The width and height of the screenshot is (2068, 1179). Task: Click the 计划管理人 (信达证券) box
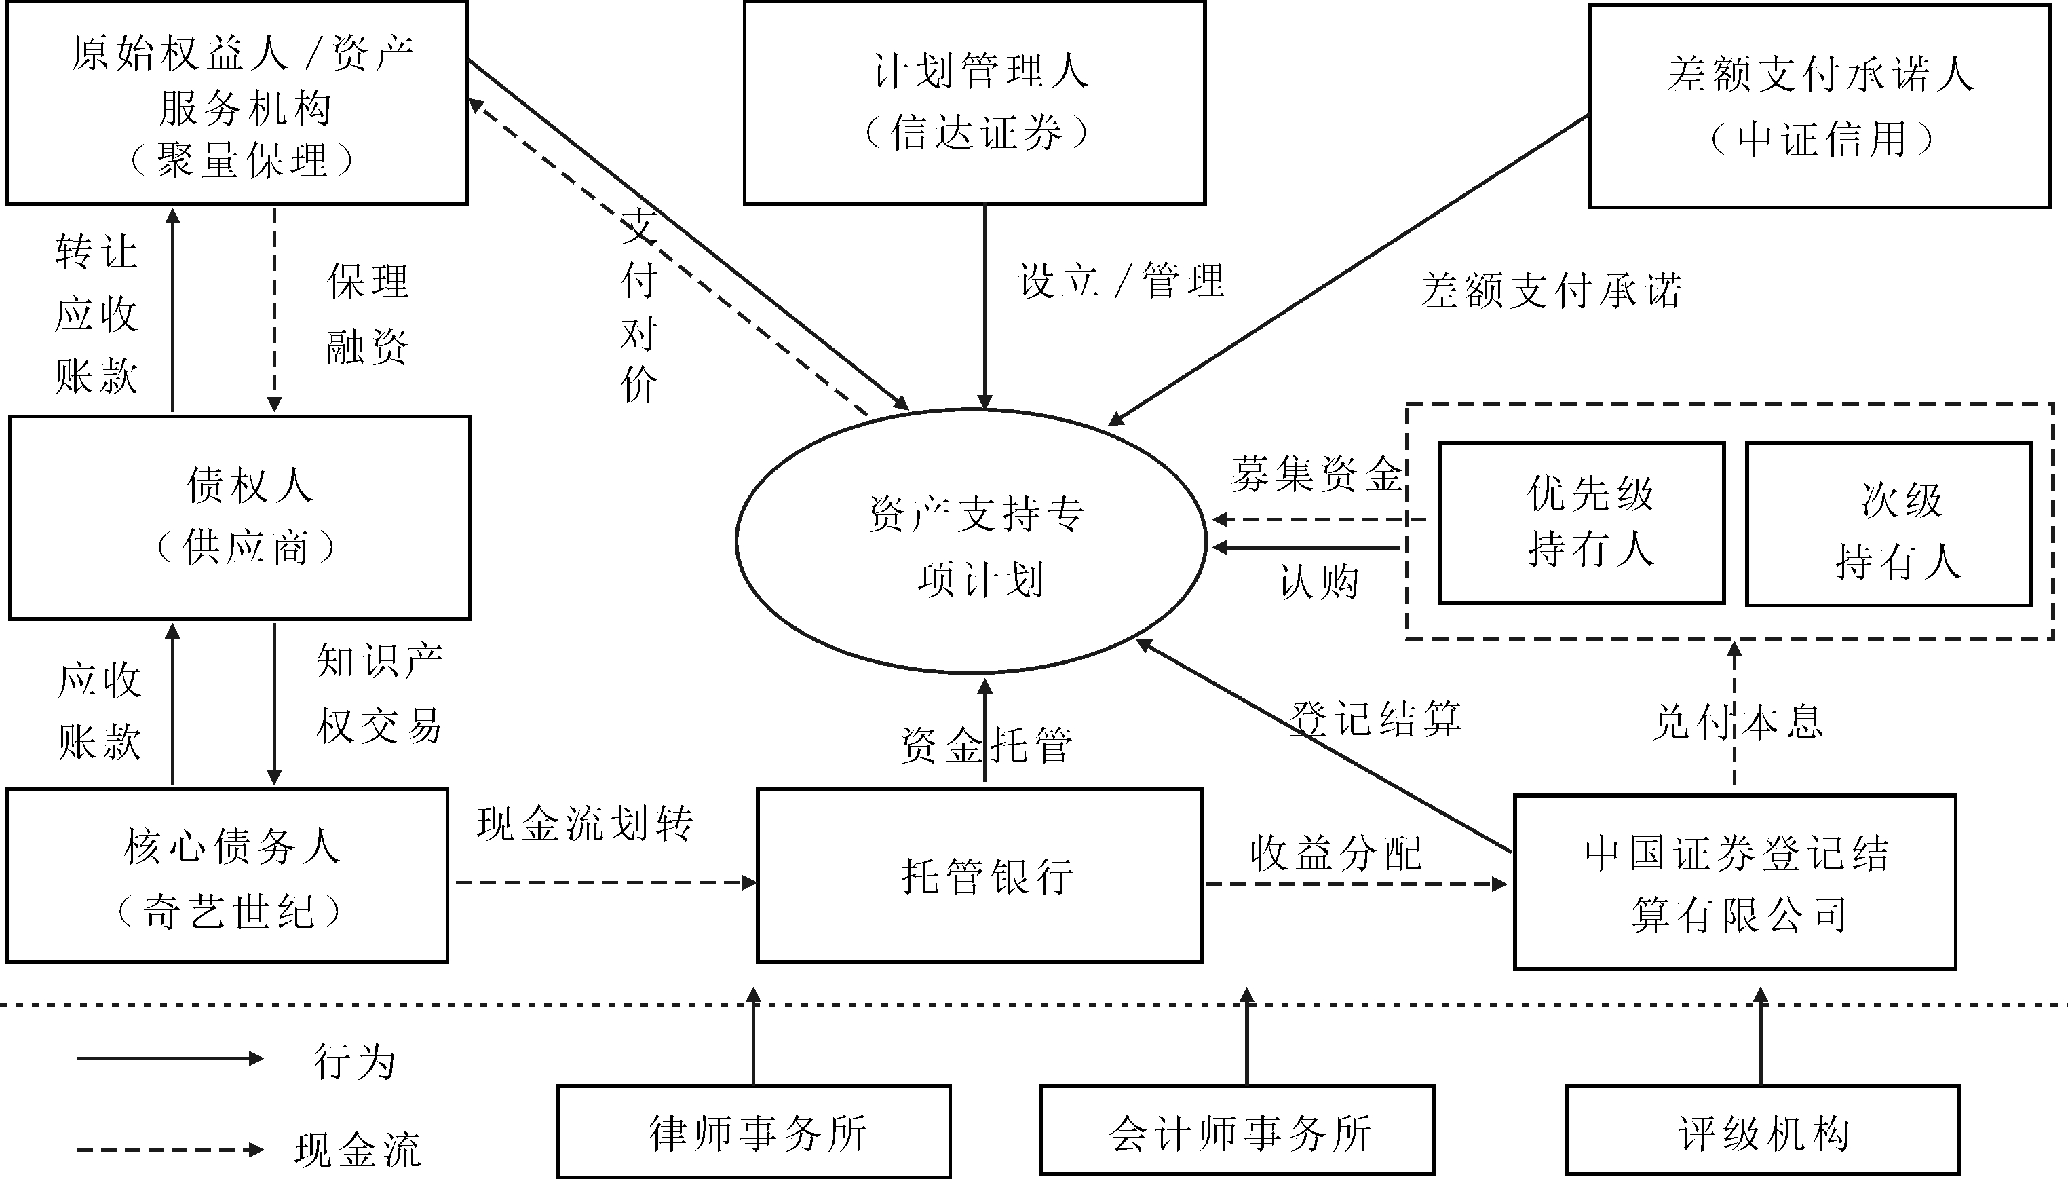pos(974,103)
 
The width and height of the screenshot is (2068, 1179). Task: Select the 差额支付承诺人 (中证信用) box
pos(1820,106)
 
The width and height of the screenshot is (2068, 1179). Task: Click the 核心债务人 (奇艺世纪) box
pos(227,876)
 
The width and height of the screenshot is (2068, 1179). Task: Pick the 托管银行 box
pos(979,876)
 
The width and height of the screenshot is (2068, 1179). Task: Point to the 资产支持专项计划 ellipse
pos(972,541)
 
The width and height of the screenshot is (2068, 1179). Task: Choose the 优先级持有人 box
pos(1581,522)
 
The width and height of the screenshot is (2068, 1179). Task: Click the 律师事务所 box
pos(754,1131)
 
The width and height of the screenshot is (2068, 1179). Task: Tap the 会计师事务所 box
pos(1237,1131)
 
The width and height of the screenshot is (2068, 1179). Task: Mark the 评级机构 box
pos(1762,1131)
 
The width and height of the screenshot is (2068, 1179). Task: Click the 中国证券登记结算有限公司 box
pos(1735,882)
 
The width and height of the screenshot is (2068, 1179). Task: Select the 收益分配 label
pos(1335,853)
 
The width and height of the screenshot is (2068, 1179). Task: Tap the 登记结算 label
pos(1375,719)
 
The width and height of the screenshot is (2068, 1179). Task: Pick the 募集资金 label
pos(1316,474)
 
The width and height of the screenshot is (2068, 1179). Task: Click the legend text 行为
pos(355,1061)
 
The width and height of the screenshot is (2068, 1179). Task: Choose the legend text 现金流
pos(357,1149)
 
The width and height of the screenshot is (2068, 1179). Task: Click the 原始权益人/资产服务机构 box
pos(237,103)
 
